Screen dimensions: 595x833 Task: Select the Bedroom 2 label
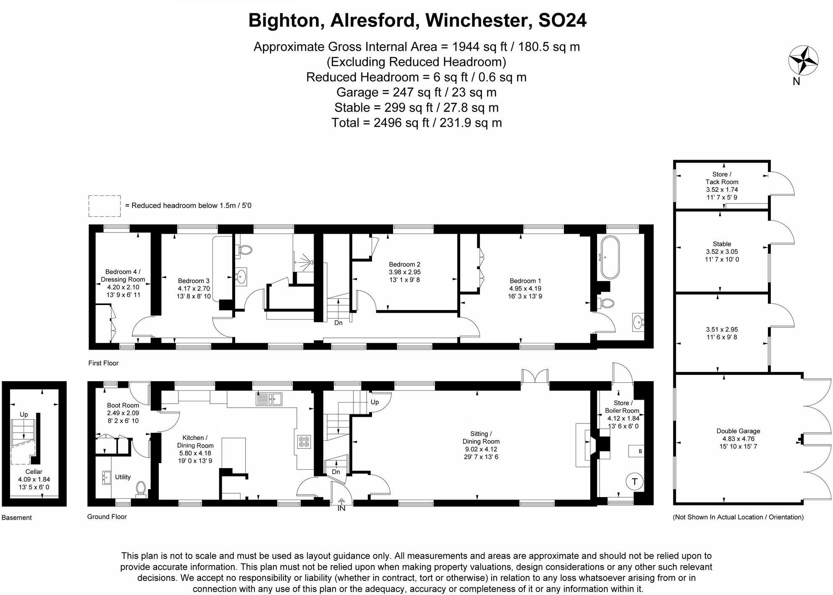404,264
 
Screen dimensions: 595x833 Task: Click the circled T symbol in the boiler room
634,482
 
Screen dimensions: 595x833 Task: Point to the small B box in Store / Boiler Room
639,451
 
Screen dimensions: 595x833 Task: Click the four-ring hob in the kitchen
304,442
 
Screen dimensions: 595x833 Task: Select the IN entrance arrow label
341,508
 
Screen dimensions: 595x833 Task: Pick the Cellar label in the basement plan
34,471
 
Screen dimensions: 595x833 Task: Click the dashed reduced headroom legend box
105,206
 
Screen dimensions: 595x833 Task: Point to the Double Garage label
738,431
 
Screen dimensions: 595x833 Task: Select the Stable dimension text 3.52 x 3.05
722,252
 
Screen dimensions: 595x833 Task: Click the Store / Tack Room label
721,178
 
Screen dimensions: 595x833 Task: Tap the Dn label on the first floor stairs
338,323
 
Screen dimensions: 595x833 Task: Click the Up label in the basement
24,414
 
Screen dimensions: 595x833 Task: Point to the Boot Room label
123,405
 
